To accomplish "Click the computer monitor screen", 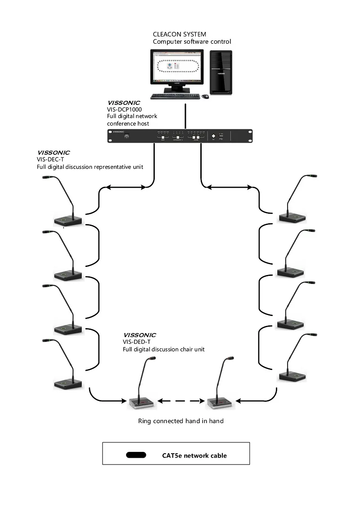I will pos(176,67).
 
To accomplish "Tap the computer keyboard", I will pos(175,96).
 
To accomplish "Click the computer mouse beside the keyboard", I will pos(205,96).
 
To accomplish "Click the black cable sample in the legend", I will pos(136,455).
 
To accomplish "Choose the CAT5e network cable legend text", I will pos(194,455).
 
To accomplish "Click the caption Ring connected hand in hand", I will pos(180,421).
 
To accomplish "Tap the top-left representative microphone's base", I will pos(68,220).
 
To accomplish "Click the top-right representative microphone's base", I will pos(291,217).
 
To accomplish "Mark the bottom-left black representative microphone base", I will pos(68,384).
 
